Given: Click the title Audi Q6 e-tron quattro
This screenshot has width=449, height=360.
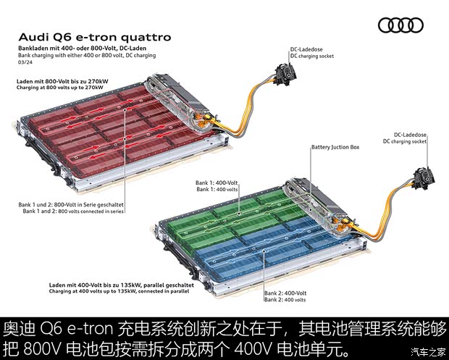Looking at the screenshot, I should [x=94, y=36].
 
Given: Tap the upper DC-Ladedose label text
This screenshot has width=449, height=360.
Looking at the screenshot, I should [x=304, y=48].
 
